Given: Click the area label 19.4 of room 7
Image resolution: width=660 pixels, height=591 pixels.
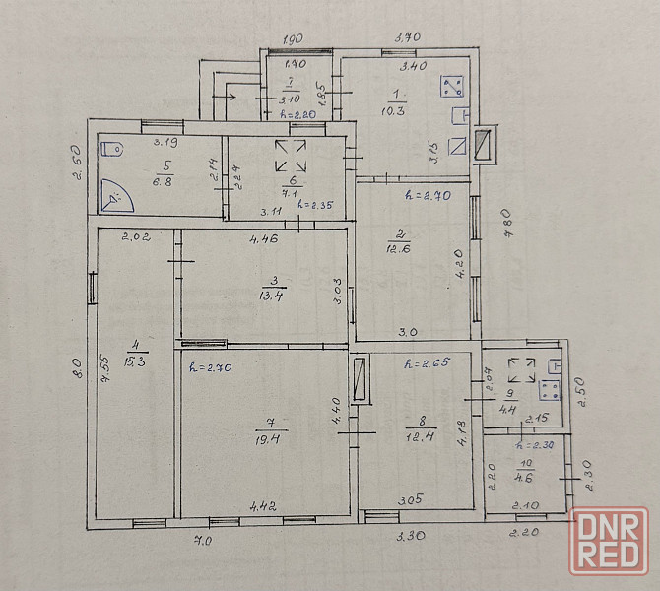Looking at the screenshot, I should (x=264, y=440).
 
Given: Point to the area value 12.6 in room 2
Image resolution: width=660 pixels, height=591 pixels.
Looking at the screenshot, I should (x=399, y=248).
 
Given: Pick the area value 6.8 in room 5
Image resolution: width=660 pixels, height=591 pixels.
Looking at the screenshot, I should (x=162, y=181).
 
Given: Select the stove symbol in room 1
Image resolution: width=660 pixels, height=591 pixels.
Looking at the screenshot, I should (x=452, y=85).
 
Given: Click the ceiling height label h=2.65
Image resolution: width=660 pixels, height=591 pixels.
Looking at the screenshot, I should (x=427, y=364).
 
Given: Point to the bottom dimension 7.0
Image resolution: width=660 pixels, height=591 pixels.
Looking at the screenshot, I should (x=203, y=541).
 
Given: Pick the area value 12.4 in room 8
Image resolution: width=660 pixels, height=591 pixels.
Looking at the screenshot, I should (x=417, y=435).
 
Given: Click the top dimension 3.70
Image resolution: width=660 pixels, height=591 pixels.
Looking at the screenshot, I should (x=408, y=36).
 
